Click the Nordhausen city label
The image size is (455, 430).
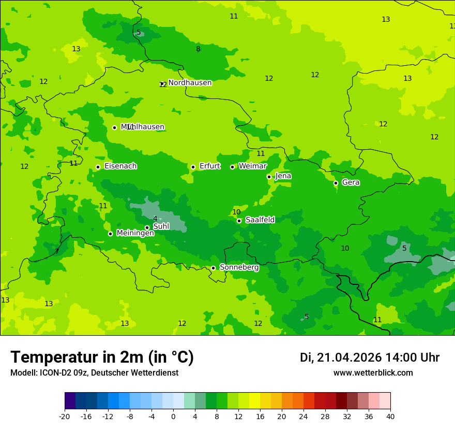point(190,83)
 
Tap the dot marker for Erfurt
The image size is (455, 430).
point(193,167)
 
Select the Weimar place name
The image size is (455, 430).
point(252,166)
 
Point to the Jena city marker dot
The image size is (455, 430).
point(269,177)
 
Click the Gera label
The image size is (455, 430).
point(351,182)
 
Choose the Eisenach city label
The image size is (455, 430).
point(120,166)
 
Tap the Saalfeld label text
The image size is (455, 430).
point(260,220)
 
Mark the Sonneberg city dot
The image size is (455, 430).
point(213,268)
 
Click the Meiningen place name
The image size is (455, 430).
point(135,233)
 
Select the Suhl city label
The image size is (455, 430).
point(161,226)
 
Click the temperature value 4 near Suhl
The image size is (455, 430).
point(155,219)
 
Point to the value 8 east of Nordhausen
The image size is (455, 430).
point(198,49)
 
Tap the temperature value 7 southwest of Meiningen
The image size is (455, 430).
point(57,251)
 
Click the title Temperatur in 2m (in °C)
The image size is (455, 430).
point(102,357)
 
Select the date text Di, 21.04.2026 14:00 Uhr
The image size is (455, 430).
point(369,357)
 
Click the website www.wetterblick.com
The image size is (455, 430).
point(373,372)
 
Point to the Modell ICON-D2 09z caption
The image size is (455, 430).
point(94,372)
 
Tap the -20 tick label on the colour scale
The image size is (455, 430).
point(65,416)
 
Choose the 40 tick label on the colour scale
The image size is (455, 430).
point(390,416)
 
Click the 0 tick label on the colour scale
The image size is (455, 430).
point(173,416)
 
